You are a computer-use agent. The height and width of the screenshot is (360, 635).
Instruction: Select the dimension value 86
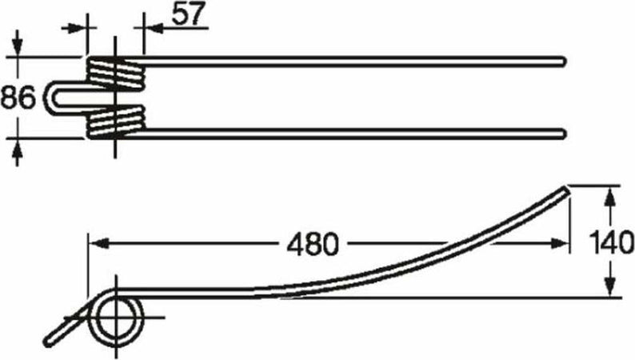18,98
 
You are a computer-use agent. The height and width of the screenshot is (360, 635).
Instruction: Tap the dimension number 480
312,244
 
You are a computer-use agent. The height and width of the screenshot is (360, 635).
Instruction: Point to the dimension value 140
611,242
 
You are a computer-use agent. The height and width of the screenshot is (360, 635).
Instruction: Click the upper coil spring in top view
115,73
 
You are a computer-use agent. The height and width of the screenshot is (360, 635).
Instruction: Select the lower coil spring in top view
116,121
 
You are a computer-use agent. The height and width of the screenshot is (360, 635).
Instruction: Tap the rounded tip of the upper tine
562,62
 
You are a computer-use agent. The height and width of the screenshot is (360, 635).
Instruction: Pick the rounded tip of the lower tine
561,134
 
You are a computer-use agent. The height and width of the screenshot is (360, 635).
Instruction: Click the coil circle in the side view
116,318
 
